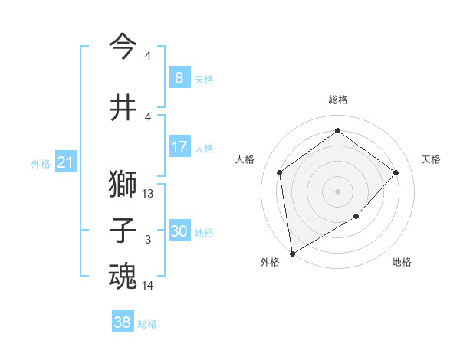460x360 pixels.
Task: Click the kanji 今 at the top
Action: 123,46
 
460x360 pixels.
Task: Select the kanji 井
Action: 123,107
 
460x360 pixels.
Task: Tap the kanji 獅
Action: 123,184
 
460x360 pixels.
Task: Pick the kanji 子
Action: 123,230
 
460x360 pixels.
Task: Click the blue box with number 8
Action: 179,78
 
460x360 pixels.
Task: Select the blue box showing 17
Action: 179,147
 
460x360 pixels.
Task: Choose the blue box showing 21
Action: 64,162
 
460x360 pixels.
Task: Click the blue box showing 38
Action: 122,322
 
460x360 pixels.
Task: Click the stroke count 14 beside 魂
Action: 148,286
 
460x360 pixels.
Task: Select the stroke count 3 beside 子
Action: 148,240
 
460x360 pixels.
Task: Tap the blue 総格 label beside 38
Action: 147,324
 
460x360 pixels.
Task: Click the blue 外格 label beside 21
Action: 40,163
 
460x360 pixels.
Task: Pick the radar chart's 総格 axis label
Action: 337,100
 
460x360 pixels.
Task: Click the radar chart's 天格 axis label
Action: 431,159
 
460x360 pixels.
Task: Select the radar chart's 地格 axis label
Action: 402,262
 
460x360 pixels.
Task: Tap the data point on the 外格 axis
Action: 292,253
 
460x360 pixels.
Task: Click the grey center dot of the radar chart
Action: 337,191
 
